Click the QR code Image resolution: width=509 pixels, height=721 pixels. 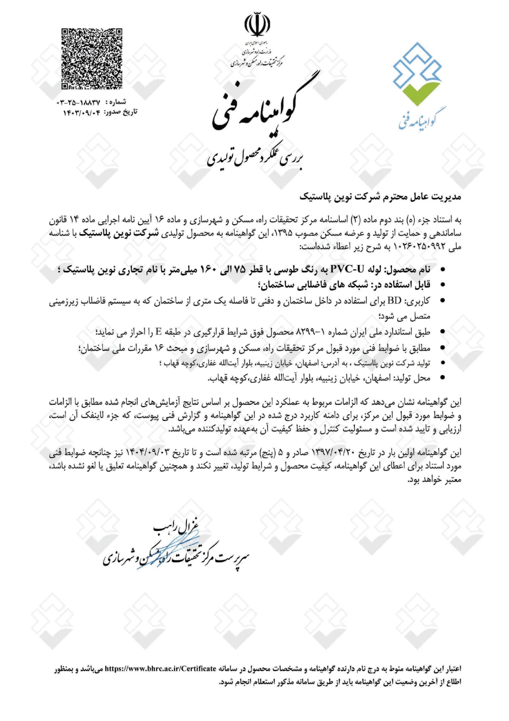92,59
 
